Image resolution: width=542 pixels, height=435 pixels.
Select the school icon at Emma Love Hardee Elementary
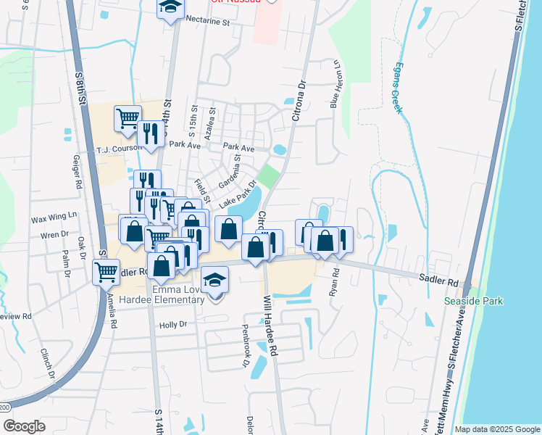coord(215,279)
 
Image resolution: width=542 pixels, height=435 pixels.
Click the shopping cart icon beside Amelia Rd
coord(107,272)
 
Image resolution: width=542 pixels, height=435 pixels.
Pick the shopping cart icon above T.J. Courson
coord(128,117)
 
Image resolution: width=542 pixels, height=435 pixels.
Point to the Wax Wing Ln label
coord(53,217)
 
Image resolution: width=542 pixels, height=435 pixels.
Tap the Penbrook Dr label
coord(245,353)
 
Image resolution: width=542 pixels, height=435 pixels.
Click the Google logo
coord(24,426)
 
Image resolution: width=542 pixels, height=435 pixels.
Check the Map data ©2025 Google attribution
coord(496,429)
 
